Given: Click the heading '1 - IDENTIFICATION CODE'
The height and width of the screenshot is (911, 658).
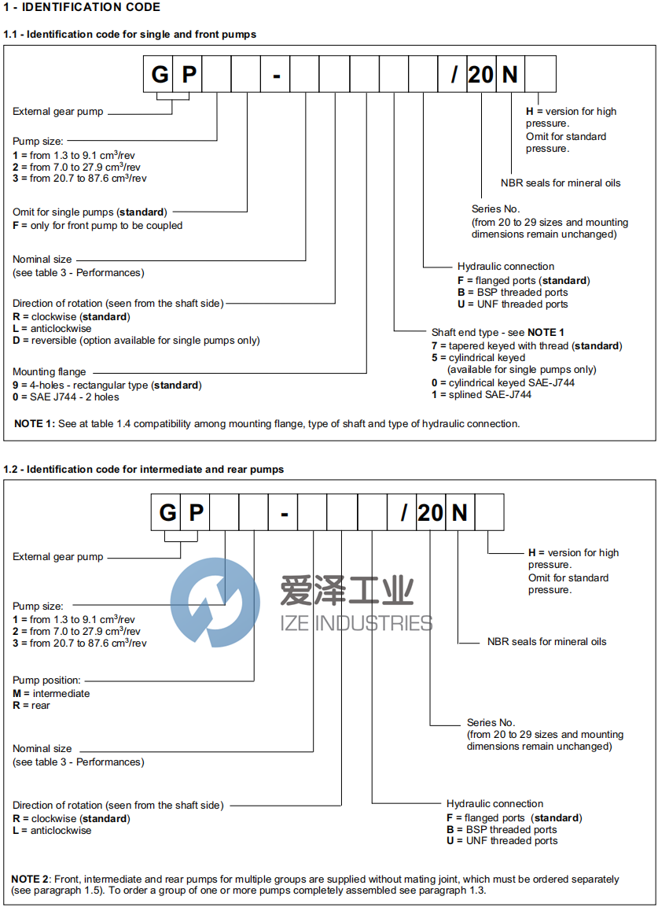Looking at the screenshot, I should (82, 7).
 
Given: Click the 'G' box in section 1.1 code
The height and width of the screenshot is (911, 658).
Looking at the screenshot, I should (160, 76).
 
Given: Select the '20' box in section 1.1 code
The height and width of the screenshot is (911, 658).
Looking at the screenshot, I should (480, 76).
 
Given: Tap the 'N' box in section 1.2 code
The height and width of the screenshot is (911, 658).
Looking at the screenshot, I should (460, 513).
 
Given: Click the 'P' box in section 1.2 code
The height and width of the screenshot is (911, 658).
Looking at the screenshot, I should (197, 513).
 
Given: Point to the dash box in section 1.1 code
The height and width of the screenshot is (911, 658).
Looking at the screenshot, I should (276, 76).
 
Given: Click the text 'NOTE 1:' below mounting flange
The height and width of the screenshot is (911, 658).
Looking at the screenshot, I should (35, 423).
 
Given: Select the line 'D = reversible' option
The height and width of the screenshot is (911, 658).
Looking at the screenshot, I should (136, 341).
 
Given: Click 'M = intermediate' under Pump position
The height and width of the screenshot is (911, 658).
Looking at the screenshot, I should (51, 693).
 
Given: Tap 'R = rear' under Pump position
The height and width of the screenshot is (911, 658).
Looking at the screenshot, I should (31, 706).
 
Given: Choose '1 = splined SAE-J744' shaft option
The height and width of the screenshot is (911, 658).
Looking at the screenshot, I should (481, 394).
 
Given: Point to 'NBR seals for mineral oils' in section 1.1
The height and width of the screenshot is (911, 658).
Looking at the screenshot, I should (561, 183).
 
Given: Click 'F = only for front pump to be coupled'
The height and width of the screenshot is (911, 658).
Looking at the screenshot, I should (97, 225).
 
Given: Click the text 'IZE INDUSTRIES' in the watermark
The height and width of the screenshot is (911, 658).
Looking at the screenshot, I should (356, 623).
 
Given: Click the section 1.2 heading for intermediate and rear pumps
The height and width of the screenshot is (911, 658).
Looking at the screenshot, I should (144, 469).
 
